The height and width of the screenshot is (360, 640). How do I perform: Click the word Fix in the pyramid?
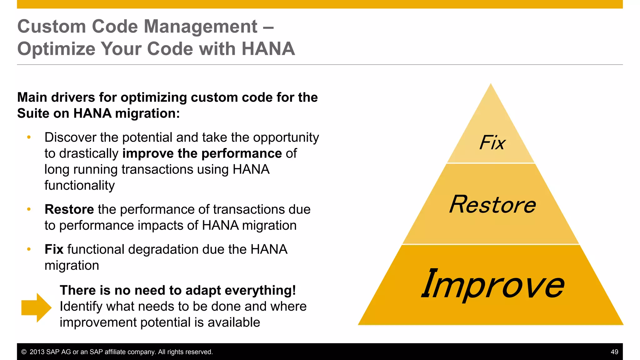(492, 143)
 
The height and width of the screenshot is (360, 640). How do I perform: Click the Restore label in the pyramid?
(492, 205)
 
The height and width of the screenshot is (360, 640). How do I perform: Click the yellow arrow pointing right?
(36, 307)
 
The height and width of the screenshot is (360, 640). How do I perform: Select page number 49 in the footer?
(614, 352)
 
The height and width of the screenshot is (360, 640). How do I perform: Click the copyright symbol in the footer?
(24, 352)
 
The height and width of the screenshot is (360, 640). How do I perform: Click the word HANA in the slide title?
(268, 49)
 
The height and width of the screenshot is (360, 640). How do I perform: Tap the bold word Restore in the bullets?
(69, 209)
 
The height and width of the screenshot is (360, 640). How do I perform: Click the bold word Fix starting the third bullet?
(54, 249)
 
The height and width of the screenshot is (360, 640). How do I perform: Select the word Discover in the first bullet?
(71, 137)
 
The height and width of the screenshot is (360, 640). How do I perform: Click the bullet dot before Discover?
(29, 137)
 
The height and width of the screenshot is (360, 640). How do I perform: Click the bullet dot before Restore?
(29, 209)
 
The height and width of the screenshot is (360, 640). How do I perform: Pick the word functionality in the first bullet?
(79, 185)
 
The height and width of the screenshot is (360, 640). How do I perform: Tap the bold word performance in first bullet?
(242, 153)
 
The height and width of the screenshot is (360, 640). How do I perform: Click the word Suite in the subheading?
(33, 113)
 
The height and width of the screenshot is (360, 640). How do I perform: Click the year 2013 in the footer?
(37, 352)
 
